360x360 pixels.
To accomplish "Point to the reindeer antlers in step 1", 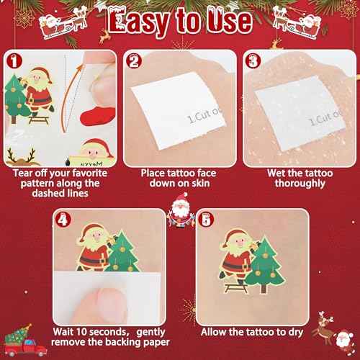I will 17,153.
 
